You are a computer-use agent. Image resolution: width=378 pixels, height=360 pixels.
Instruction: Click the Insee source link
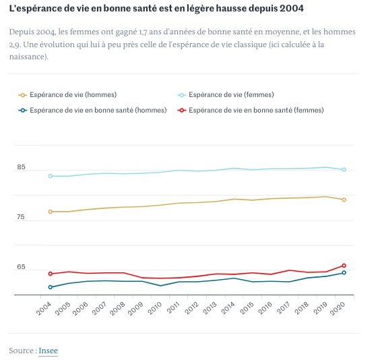(x=48, y=351)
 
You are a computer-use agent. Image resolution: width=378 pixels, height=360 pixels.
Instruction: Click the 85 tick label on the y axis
(x=22, y=167)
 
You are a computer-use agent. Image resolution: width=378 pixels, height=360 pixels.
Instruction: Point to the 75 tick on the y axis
(x=22, y=217)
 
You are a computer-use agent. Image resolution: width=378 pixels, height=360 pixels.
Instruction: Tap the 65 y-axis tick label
(x=22, y=268)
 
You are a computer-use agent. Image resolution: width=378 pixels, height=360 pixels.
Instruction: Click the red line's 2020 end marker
(x=344, y=266)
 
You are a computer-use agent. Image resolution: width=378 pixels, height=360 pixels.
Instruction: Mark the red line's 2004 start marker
(x=51, y=274)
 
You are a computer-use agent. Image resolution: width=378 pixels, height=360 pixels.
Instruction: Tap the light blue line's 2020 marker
(x=344, y=170)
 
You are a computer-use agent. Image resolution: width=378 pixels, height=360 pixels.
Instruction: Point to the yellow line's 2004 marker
(x=51, y=212)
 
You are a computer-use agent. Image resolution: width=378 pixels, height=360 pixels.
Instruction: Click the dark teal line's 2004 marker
(x=51, y=287)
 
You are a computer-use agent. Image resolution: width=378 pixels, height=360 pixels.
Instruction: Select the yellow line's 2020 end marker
(x=344, y=200)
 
